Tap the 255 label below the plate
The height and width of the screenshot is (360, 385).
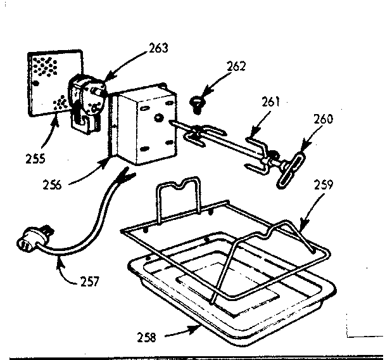coord(35,158)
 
